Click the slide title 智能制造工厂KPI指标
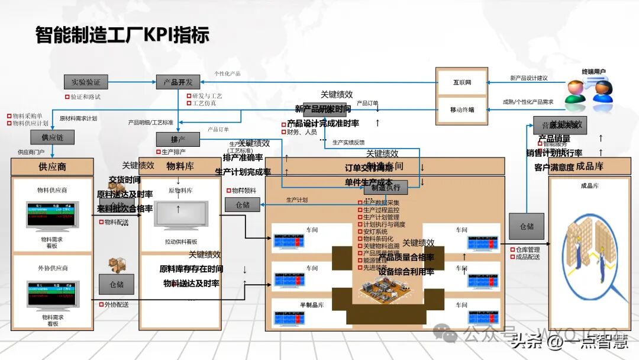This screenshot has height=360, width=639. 122,34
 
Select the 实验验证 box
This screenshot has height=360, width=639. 86,82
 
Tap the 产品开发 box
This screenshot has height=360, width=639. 178,82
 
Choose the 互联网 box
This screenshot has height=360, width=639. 461,82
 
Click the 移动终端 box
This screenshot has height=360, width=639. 461,110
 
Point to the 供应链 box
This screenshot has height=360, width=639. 52,137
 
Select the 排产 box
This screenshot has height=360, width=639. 177,140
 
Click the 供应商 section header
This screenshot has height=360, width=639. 52,166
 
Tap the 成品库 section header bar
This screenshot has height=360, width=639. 589,166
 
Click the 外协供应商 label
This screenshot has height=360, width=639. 53,268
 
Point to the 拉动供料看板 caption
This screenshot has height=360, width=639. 181,242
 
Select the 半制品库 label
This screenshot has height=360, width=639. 312,305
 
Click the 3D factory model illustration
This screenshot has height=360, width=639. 385,290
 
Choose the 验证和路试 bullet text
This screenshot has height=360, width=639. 85,96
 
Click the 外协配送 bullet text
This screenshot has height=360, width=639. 116,304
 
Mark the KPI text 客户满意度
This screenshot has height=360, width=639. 554,168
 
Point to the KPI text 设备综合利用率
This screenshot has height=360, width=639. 406,271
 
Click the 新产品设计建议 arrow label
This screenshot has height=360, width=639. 528,78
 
